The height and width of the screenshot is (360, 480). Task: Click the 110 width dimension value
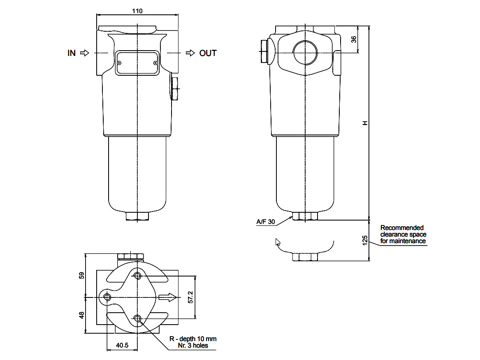(137, 11)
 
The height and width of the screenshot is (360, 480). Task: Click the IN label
(72, 53)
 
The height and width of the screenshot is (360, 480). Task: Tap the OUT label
(208, 53)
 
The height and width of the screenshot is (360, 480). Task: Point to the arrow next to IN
(84, 53)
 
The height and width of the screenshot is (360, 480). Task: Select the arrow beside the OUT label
(190, 53)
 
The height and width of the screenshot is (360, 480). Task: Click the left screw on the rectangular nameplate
(119, 63)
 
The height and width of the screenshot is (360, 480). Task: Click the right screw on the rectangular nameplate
(155, 63)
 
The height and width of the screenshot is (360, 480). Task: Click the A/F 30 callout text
(265, 222)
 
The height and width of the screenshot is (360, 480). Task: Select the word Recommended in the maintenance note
(402, 228)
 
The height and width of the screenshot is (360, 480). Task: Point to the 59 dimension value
(81, 275)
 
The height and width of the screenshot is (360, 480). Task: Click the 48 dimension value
(81, 315)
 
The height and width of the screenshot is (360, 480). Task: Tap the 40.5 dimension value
(122, 346)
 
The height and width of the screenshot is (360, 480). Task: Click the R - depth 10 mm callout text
(193, 339)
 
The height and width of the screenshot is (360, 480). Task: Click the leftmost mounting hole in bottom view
(108, 297)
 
